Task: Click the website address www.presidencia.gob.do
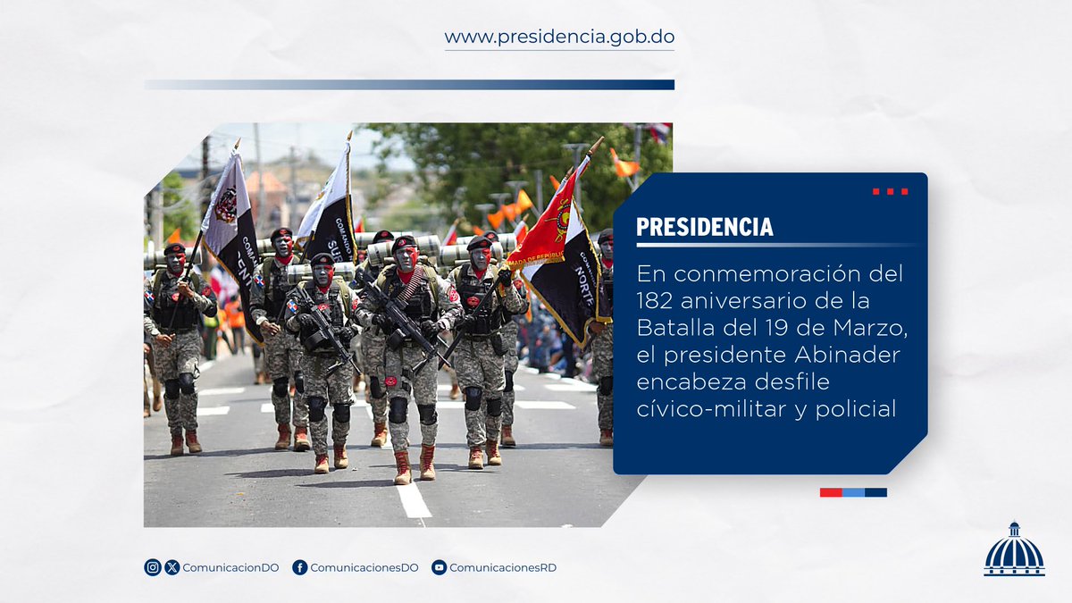(559, 38)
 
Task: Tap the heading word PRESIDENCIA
(705, 227)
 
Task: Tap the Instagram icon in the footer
(153, 567)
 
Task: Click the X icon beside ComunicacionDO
(172, 567)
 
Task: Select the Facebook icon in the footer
(300, 567)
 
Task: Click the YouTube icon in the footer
(439, 567)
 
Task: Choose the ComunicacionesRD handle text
(503, 567)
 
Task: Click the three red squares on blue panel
(890, 191)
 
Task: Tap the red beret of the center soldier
(404, 242)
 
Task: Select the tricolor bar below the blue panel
(853, 492)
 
